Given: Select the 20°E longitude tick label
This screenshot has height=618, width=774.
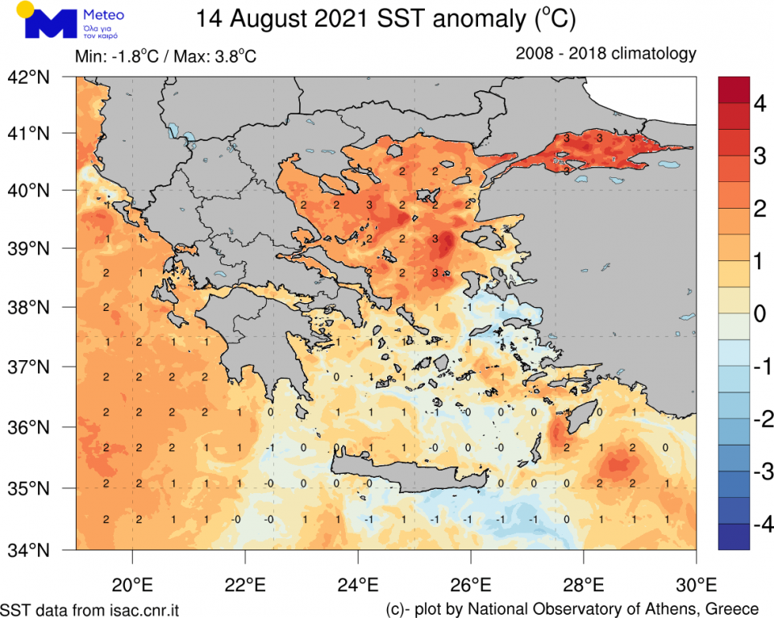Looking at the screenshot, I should [x=132, y=582].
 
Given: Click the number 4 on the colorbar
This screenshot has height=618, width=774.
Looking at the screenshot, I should [x=759, y=104].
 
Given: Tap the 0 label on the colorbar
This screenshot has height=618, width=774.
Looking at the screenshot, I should [x=759, y=313].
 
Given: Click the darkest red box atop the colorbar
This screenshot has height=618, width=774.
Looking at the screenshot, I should [x=734, y=89].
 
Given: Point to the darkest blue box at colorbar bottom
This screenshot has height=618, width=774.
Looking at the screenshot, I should [x=734, y=536].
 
